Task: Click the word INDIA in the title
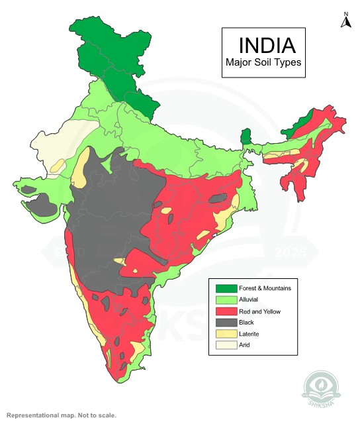(x=267, y=45)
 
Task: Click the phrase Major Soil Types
(x=263, y=63)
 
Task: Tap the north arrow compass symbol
(x=345, y=23)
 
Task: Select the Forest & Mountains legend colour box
(x=226, y=288)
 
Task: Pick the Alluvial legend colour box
(x=226, y=299)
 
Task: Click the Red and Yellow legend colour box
(x=226, y=311)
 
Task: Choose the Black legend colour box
(x=226, y=322)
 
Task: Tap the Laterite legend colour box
(x=226, y=333)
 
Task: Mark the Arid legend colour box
(x=226, y=344)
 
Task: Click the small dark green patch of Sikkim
(x=246, y=137)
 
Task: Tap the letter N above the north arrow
(x=345, y=13)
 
